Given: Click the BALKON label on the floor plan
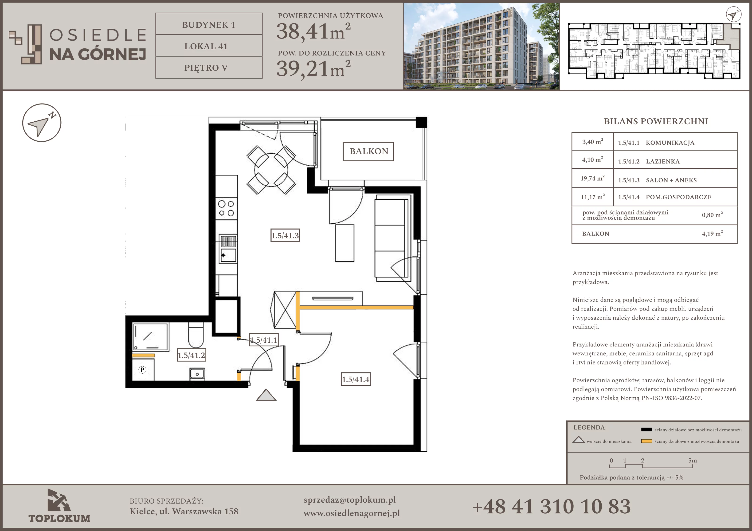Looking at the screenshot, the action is tap(368, 151).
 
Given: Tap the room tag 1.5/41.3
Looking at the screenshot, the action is tap(285, 235).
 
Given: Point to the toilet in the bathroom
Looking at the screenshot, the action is tap(196, 335).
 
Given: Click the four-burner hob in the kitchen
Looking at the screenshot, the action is tap(226, 209).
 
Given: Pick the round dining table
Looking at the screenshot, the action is tap(271, 170).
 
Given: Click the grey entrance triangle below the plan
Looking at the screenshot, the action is tap(266, 395).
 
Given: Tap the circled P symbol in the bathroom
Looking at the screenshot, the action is tap(142, 370).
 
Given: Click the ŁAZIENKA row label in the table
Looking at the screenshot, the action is tap(663, 161).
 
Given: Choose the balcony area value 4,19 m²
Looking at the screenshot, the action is tap(712, 233).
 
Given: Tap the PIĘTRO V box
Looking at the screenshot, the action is tap(209, 67).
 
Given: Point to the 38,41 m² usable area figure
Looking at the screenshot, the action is tap(313, 31).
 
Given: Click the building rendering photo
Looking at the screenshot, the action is tap(481, 46).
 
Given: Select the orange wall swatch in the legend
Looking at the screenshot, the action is tap(646, 441).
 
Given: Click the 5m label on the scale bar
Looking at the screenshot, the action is tap(692, 460).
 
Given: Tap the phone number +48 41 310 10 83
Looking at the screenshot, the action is tap(552, 506).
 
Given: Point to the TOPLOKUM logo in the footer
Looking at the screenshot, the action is tap(59, 506).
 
